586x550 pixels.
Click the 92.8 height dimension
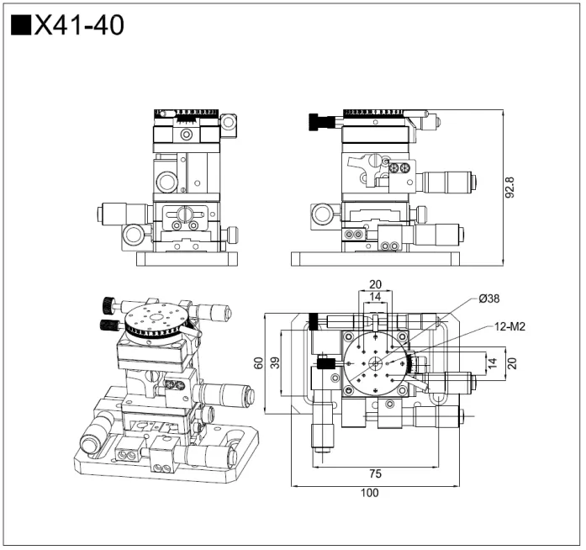(x=509, y=188)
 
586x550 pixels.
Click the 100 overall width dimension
(x=370, y=494)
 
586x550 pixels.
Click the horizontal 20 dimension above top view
(x=374, y=283)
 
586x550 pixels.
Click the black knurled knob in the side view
(x=319, y=123)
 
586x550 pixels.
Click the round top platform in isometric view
(x=157, y=322)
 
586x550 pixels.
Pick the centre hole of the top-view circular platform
(x=374, y=363)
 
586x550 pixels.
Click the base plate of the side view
(x=375, y=260)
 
